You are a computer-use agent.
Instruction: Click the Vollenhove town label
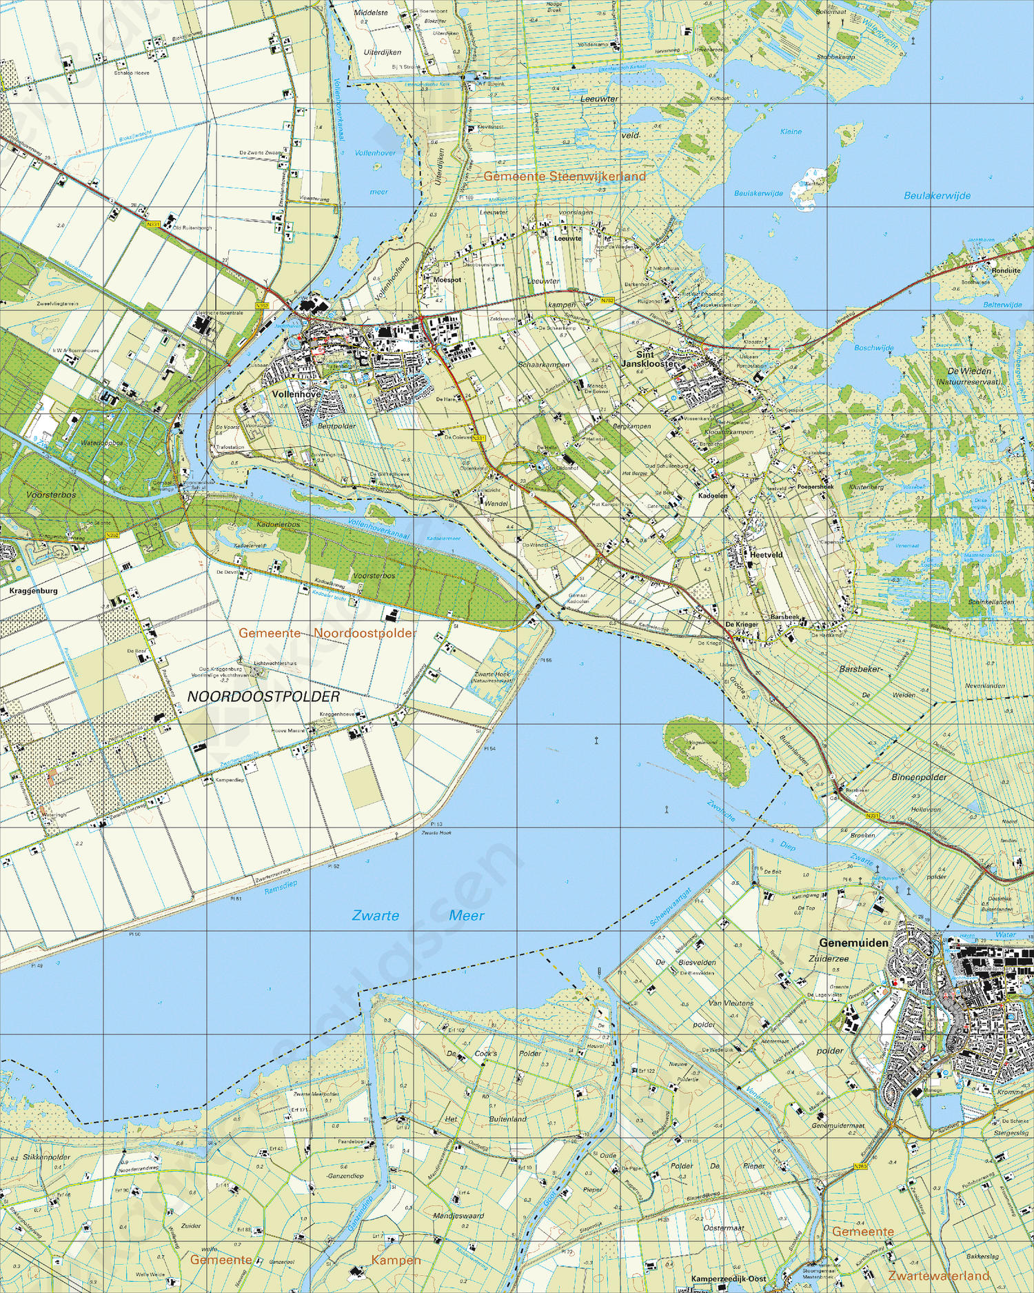[x=296, y=394]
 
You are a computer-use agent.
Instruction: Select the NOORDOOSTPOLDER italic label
[x=264, y=697]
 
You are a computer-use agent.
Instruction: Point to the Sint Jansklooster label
[x=648, y=359]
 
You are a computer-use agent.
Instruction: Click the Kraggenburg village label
[x=33, y=591]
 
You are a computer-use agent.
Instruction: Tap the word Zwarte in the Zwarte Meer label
[x=375, y=916]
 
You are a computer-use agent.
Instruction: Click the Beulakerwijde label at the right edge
[x=937, y=196]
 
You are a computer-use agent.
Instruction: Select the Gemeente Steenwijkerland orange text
[x=565, y=177]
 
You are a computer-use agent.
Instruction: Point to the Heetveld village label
[x=767, y=554]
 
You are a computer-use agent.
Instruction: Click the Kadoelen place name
[x=713, y=496]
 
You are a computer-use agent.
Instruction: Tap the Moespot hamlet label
[x=447, y=280]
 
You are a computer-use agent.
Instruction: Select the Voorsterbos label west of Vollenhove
[x=51, y=495]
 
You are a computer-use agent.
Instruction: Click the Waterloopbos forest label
[x=102, y=443]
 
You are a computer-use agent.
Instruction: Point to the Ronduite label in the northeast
[x=1006, y=271]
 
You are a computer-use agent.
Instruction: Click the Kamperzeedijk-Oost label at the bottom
[x=729, y=1278]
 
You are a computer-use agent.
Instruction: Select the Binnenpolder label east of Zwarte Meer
[x=919, y=777]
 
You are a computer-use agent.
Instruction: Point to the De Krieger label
[x=742, y=624]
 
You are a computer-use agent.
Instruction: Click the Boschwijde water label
[x=873, y=348]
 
